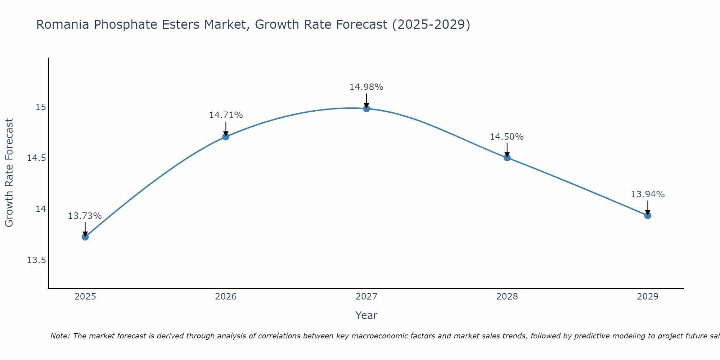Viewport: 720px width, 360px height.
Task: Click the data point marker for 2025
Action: (85, 237)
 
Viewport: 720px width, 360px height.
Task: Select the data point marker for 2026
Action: (226, 136)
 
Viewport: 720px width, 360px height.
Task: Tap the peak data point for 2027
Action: (366, 108)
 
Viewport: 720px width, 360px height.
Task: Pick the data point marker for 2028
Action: (507, 157)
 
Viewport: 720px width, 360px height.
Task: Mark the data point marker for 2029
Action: (648, 215)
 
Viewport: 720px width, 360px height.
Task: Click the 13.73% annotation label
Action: (85, 216)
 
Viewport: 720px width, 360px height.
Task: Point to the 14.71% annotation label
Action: (226, 115)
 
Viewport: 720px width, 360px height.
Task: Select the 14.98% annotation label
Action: (366, 87)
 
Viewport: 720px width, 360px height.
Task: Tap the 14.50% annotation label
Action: (507, 137)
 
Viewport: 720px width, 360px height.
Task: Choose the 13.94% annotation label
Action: (648, 194)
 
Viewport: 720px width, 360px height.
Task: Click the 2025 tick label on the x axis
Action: (85, 297)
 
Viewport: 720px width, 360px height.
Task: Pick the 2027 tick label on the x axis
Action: (366, 297)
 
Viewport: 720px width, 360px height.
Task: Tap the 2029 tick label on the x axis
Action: (648, 297)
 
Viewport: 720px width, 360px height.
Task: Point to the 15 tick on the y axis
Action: (41, 107)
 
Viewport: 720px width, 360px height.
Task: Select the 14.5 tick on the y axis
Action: (36, 158)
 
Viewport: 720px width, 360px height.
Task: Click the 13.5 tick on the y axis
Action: (36, 260)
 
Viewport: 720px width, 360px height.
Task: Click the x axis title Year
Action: (366, 315)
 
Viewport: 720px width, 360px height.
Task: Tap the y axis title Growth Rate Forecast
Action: (9, 172)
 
